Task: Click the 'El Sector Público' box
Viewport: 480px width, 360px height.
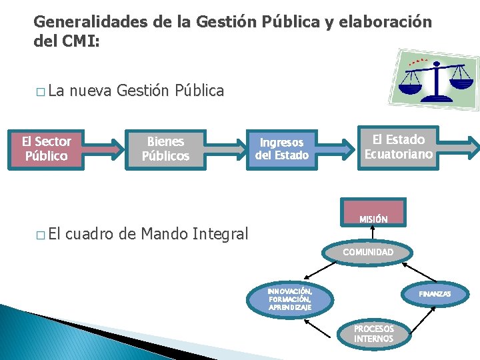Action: (46, 149)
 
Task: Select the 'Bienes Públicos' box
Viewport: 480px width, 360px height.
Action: (165, 149)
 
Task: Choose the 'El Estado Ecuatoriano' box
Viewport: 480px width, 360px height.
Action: (398, 147)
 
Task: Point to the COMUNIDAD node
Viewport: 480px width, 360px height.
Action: (368, 252)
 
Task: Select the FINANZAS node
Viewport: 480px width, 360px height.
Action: (435, 294)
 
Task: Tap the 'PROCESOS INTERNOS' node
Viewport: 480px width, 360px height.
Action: (373, 333)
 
